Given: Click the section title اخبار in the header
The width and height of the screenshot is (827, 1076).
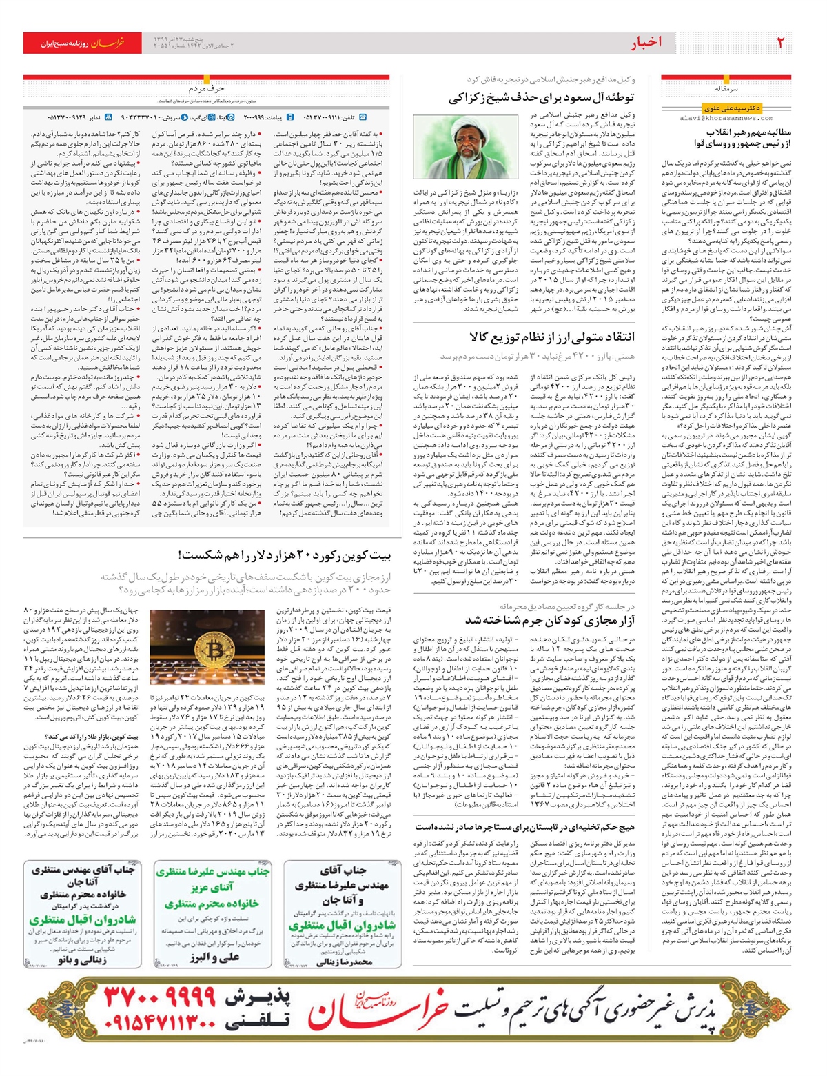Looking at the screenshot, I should (x=646, y=43).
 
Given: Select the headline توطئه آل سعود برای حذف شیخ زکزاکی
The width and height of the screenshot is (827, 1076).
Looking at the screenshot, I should (x=542, y=97).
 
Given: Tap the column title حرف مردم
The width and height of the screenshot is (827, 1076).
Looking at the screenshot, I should (x=206, y=88).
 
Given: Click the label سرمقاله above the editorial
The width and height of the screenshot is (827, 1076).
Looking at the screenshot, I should (x=725, y=88).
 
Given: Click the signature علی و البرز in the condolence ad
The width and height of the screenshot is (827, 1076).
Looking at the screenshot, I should (x=212, y=959).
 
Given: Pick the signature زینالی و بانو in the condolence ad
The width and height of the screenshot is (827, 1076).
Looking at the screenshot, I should (x=83, y=959).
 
